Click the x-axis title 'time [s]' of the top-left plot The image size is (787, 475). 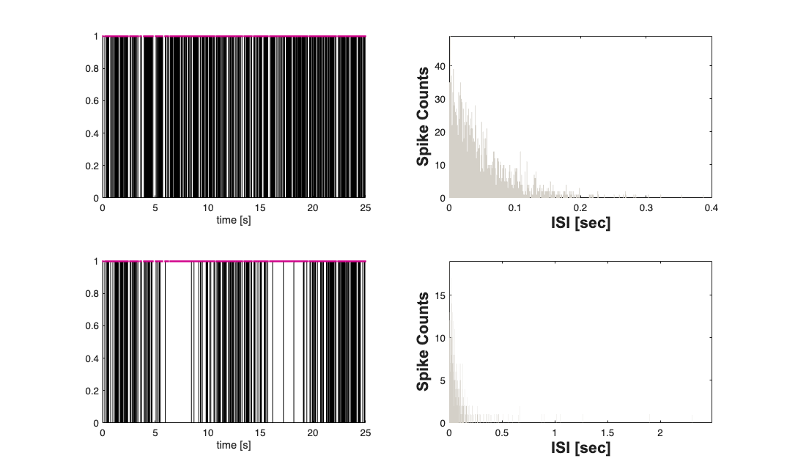[x=234, y=220]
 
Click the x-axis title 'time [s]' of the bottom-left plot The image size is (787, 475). [x=234, y=445]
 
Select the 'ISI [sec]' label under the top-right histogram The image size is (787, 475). [x=580, y=223]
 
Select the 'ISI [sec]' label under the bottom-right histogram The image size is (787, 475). [x=580, y=448]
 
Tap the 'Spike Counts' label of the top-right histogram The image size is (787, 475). [x=423, y=117]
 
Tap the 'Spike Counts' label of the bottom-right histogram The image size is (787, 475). [x=423, y=342]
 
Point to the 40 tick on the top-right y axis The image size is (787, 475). [x=440, y=66]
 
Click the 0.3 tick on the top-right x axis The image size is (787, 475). [x=646, y=208]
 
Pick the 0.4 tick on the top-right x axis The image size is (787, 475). [x=712, y=208]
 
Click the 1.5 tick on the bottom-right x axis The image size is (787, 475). [x=607, y=433]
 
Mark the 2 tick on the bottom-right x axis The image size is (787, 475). [x=659, y=433]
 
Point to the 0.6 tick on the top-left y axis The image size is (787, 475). [x=92, y=100]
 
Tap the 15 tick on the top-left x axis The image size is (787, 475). [x=260, y=208]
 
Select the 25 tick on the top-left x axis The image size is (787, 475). [x=366, y=208]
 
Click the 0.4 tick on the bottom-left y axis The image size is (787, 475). [x=92, y=358]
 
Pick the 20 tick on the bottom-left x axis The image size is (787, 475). [x=313, y=433]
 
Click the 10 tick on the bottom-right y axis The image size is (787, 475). [x=441, y=338]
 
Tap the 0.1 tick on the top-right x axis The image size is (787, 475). [x=514, y=208]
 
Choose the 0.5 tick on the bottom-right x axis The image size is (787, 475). [x=501, y=433]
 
